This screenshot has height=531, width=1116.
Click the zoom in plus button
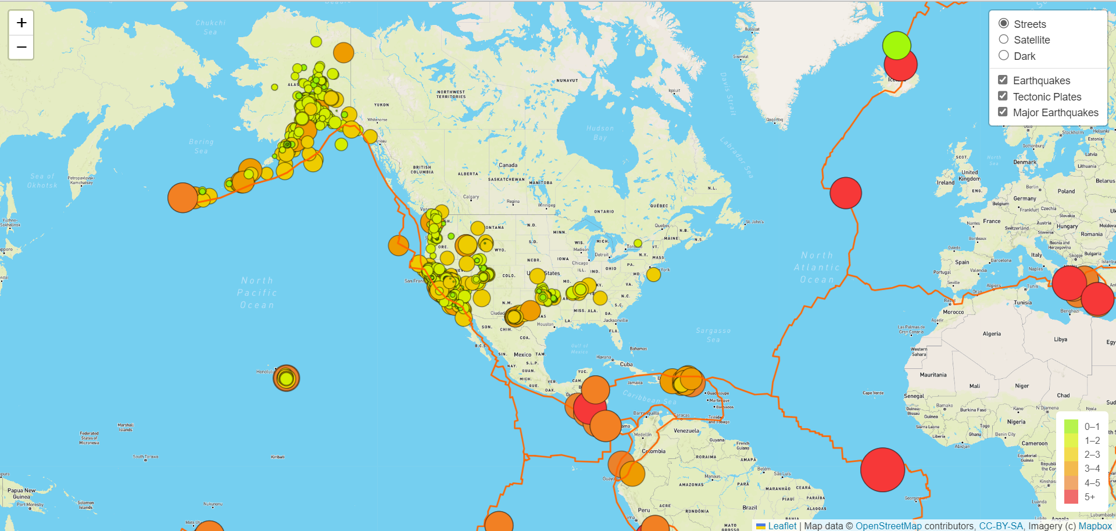click(22, 23)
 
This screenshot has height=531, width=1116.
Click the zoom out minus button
click(22, 47)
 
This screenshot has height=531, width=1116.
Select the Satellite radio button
click(1003, 40)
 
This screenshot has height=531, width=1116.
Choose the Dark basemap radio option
click(1003, 56)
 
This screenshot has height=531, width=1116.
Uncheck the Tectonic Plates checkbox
click(1003, 96)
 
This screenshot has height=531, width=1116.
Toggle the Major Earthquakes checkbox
click(1003, 112)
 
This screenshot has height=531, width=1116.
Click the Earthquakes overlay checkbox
click(1003, 80)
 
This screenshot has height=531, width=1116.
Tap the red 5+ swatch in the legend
click(1071, 497)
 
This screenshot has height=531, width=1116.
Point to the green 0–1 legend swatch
click(1071, 426)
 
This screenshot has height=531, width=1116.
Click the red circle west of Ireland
click(846, 193)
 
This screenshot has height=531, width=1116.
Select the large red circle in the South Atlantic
click(882, 469)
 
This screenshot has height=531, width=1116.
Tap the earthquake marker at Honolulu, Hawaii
click(286, 378)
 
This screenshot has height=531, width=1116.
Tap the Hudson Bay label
click(600, 133)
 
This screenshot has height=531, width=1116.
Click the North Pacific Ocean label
click(257, 293)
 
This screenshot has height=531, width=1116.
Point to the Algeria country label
click(992, 333)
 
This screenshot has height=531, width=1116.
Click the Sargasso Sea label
click(713, 335)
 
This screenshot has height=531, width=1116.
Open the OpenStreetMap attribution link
click(888, 526)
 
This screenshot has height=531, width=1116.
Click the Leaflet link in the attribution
click(782, 526)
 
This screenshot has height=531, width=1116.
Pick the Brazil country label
click(750, 507)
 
